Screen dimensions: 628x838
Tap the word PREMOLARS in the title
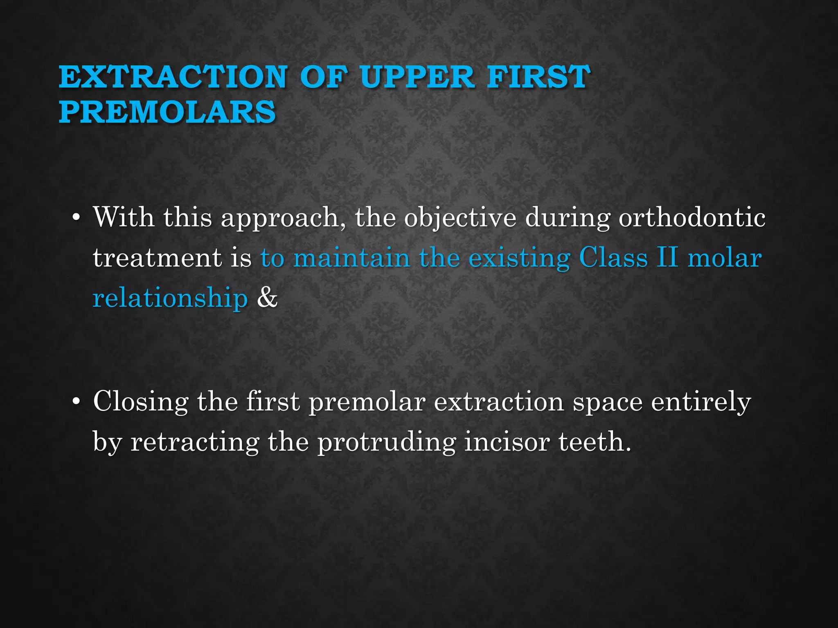click(167, 112)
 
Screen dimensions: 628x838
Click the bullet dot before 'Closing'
click(75, 402)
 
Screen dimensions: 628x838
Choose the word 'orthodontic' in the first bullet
click(692, 218)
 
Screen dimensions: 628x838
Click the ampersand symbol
click(267, 298)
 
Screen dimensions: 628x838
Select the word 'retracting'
click(195, 442)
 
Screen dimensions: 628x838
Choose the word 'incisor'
click(507, 442)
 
